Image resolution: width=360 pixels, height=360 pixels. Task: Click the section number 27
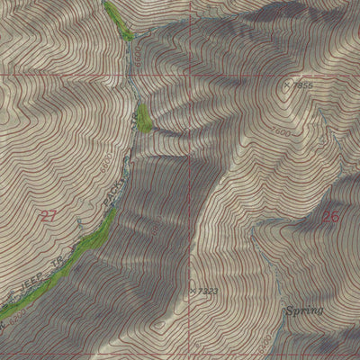click(x=49, y=214)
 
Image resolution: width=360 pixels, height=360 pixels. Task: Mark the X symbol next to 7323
click(x=193, y=290)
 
